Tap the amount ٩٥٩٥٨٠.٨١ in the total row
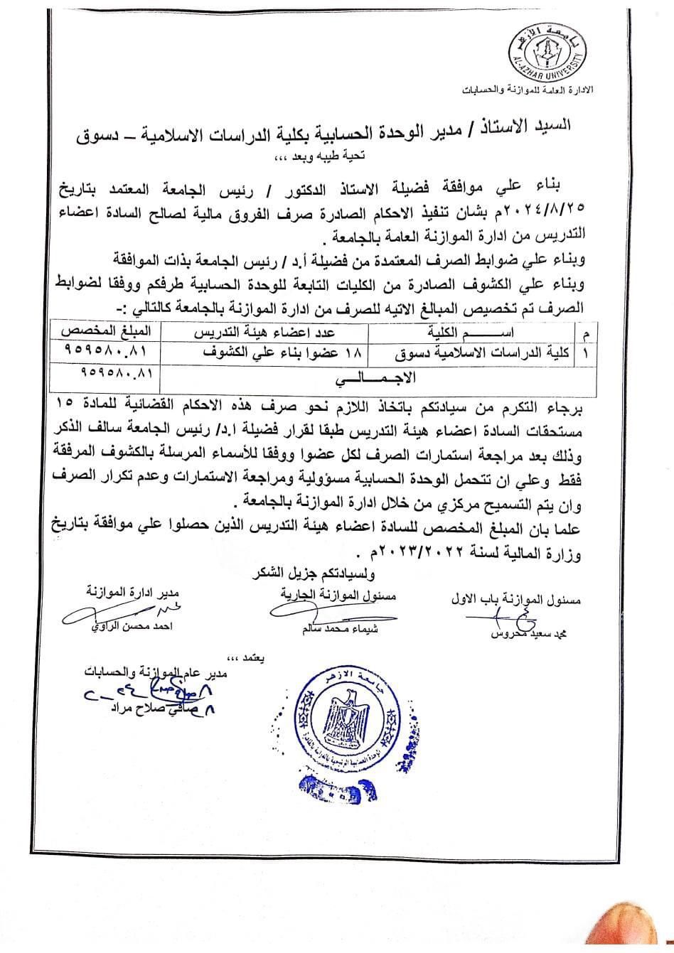pos(109,372)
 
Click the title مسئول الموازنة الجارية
pos(329,596)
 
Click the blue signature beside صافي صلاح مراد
pos(135,693)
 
